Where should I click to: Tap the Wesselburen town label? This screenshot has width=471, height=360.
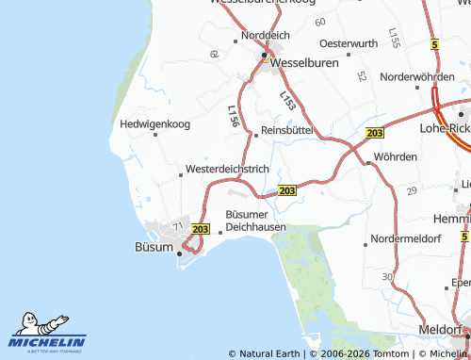pyautogui.click(x=305, y=63)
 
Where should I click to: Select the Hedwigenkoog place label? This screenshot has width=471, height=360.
pyautogui.click(x=155, y=123)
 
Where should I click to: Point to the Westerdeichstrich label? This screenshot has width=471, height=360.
pyautogui.click(x=228, y=168)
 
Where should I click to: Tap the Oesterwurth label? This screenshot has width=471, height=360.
pyautogui.click(x=349, y=43)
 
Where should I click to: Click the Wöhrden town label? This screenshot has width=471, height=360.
pyautogui.click(x=395, y=155)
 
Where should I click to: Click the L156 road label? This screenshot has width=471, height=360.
pyautogui.click(x=233, y=116)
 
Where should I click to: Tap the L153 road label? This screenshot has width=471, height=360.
pyautogui.click(x=287, y=97)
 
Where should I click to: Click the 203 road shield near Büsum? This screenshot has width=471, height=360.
pyautogui.click(x=200, y=229)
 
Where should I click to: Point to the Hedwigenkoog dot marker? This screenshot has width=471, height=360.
pyautogui.click(x=155, y=135)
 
